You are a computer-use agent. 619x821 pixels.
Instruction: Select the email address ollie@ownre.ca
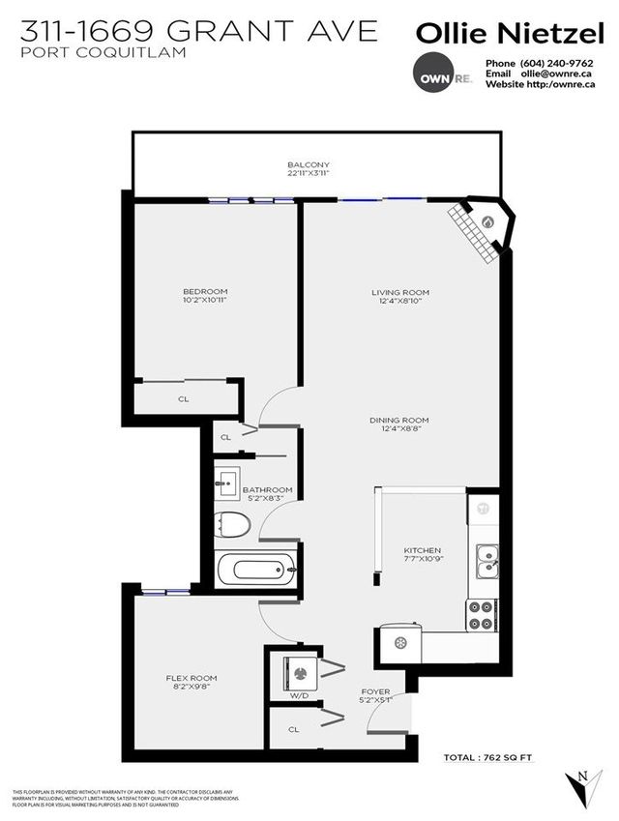[551, 73]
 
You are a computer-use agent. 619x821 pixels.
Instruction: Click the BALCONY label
[309, 165]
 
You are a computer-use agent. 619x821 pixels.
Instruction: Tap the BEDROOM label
[205, 291]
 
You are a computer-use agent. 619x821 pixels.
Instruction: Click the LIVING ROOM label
[400, 292]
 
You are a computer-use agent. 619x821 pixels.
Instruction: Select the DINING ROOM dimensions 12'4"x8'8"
[398, 430]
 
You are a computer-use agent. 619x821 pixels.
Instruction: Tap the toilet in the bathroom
[233, 524]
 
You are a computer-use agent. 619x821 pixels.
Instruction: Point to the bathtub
[253, 570]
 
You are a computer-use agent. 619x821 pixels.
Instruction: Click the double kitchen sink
[486, 558]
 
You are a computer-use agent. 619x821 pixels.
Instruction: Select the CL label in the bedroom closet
[183, 397]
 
